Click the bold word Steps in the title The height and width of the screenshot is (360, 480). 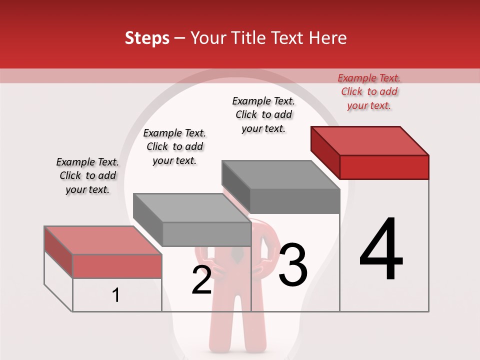[x=147, y=38]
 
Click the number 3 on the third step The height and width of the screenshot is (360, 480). [x=293, y=265]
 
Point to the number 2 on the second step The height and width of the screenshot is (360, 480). [x=202, y=280]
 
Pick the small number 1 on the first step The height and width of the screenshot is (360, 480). [x=116, y=295]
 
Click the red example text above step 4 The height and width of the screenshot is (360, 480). [x=369, y=92]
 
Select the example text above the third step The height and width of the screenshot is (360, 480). [x=263, y=114]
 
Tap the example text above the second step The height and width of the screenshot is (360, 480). [x=174, y=146]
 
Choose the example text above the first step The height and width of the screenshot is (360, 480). [x=87, y=175]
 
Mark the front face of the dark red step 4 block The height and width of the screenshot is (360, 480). [x=384, y=167]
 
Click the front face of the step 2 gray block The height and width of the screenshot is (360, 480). [x=206, y=234]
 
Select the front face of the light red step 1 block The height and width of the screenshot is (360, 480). [x=117, y=266]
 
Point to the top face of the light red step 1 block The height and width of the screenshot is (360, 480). [x=102, y=239]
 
